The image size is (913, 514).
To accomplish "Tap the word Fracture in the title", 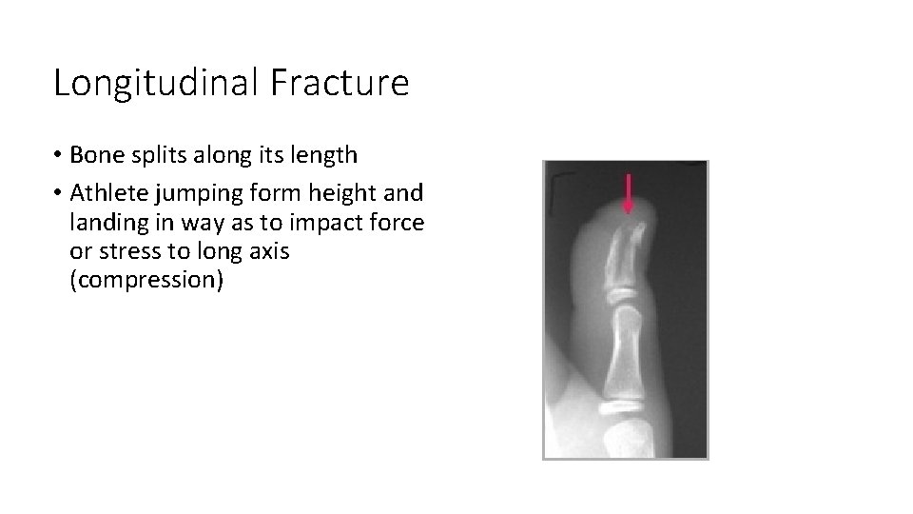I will [340, 84].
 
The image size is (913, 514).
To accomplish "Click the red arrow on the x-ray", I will [628, 193].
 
